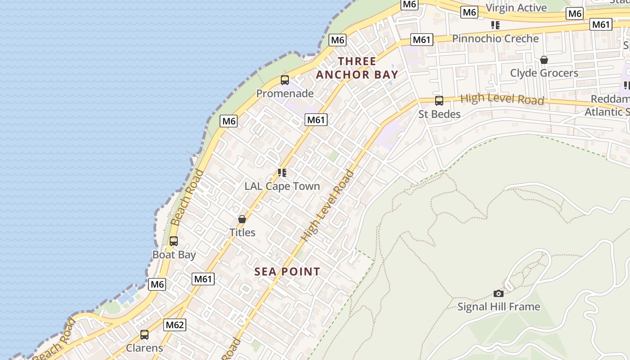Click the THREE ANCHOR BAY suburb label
pos(357,68)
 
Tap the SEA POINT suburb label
pos(287,272)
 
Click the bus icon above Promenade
pos(284,80)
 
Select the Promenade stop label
pos(285,94)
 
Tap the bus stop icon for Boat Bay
pos(174,241)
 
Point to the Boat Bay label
pos(174,255)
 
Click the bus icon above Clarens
pos(144,335)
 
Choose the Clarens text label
pos(144,348)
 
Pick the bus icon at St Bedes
pos(439,101)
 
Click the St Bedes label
pos(439,114)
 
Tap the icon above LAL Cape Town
pos(282,173)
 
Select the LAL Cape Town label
pos(282,186)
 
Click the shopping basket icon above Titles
pos(242,219)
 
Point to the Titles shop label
pos(242,233)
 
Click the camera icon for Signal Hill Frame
pos(499,293)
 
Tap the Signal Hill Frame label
pos(499,307)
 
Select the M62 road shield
pos(175,325)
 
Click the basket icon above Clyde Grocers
pos(544,60)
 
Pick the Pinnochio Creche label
pos(495,39)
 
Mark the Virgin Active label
pos(516,8)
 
